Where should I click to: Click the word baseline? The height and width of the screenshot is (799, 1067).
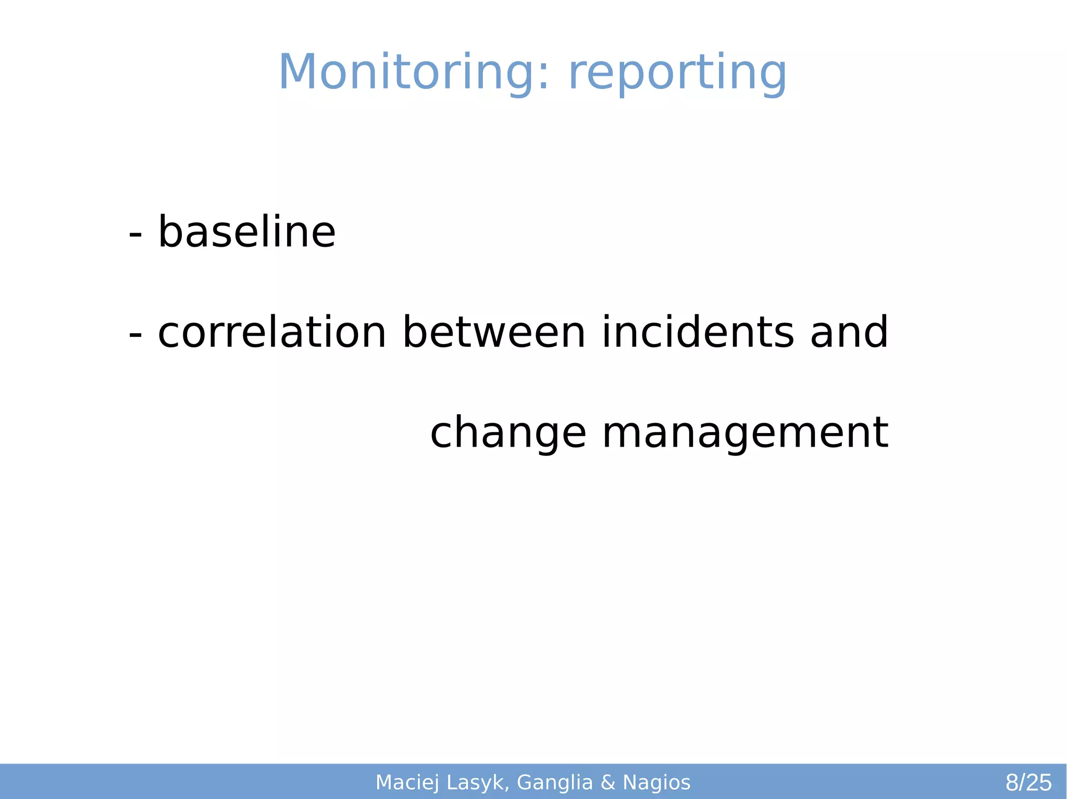tap(246, 232)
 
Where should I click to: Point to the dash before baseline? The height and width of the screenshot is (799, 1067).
tap(135, 235)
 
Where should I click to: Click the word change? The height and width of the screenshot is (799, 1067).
tap(508, 434)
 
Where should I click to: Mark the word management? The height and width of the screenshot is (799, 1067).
tap(745, 434)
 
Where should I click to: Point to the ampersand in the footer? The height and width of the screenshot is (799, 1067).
tap(608, 783)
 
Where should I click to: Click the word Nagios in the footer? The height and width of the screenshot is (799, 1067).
tap(656, 783)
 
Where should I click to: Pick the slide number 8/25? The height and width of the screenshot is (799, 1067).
tap(1028, 783)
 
